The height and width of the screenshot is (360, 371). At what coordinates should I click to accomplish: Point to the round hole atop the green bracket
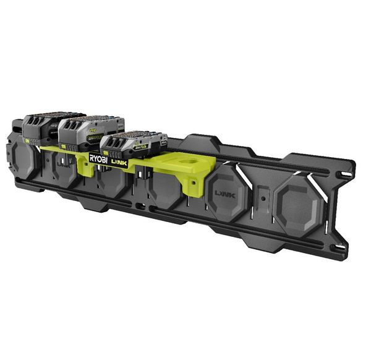185,165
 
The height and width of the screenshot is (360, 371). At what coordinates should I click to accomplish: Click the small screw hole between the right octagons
262,199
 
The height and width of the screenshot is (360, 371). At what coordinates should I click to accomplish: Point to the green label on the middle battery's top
93,130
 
